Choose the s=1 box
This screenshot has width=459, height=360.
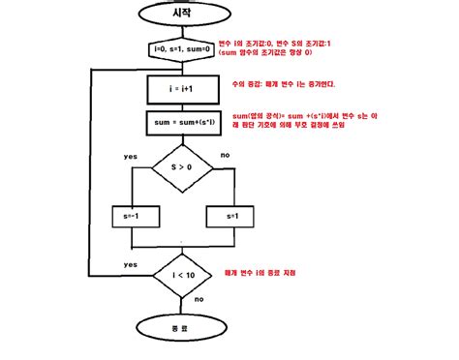click(231, 215)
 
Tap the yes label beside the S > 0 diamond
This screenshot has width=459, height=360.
click(129, 155)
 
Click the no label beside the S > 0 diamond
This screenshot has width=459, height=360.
click(226, 154)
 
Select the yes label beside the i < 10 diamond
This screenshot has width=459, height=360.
click(129, 264)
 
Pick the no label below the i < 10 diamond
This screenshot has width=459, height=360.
click(198, 299)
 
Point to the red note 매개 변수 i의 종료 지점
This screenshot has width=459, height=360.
click(272, 275)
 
